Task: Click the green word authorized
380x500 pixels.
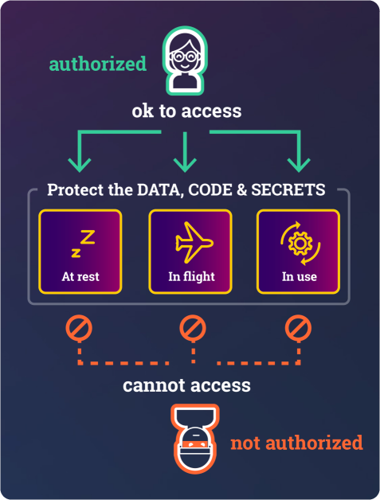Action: tap(98, 64)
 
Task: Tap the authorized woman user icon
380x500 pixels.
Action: tap(185, 61)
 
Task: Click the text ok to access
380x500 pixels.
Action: tap(186, 111)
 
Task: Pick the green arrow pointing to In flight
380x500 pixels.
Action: tap(185, 152)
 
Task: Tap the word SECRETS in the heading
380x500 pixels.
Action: tap(288, 189)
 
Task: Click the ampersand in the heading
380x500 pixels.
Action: tap(242, 189)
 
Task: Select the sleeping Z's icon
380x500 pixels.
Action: tap(83, 244)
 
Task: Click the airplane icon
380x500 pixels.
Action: tap(194, 243)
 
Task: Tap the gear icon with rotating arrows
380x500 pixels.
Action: tap(300, 244)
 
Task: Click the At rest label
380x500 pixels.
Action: tap(80, 276)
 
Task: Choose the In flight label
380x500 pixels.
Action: tap(191, 277)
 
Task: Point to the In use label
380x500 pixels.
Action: tap(300, 276)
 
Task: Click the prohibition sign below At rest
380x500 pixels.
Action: tap(79, 328)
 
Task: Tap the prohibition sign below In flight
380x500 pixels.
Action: tap(193, 328)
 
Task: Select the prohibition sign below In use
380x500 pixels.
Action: tap(298, 328)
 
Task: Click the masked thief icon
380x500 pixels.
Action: tap(195, 439)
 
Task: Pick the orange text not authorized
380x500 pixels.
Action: tap(296, 443)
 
